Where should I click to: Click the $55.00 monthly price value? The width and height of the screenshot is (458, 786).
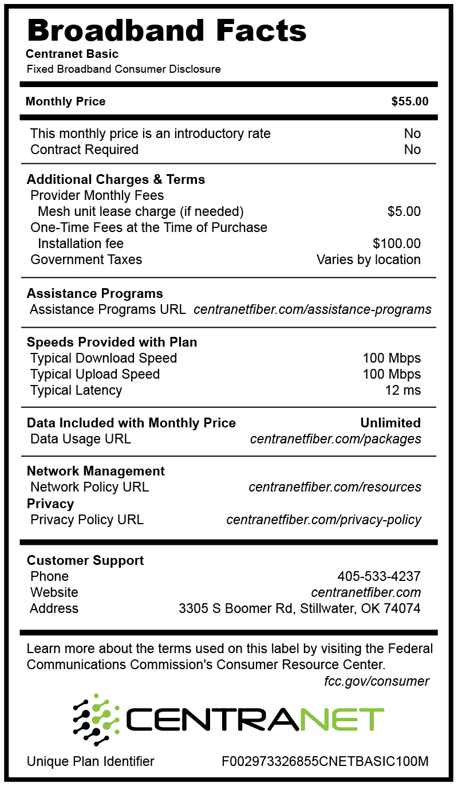[x=409, y=102]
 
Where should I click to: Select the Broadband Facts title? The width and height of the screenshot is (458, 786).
[x=167, y=30]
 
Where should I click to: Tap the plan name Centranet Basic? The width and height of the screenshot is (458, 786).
[x=72, y=54]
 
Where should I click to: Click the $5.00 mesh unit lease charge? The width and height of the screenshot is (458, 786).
[x=404, y=211]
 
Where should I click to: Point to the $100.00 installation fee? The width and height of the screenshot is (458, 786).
[x=396, y=243]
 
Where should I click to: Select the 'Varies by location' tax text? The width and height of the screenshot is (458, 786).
[x=368, y=260]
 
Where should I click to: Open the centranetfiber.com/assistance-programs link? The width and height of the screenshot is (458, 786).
[x=312, y=310]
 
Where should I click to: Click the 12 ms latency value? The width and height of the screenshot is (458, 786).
[x=402, y=391]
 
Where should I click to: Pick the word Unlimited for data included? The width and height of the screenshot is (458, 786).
[x=390, y=423]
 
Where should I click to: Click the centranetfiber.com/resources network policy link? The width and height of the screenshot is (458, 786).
[x=334, y=488]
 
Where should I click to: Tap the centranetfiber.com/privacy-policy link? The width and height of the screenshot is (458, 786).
[x=323, y=520]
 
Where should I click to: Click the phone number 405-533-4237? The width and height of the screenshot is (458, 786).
[x=378, y=576]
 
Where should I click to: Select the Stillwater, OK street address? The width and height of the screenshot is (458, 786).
[x=299, y=608]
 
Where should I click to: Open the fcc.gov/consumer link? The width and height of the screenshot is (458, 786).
[x=376, y=681]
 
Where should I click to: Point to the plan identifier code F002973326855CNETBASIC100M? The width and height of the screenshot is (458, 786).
[x=325, y=761]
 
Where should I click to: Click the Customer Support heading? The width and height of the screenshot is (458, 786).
[x=85, y=560]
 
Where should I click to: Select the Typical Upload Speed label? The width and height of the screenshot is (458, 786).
[x=95, y=375]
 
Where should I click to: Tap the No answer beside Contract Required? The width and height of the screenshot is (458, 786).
[x=412, y=150]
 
